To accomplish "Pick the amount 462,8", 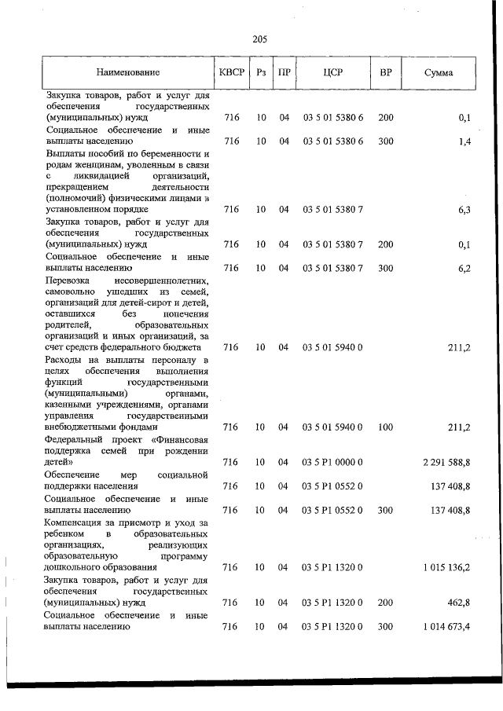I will [457, 603].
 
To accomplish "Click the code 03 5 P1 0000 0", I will [332, 463].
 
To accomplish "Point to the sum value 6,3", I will [463, 210].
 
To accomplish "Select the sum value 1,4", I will [463, 141].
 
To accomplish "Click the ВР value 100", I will [385, 427].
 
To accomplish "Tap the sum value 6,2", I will [463, 268].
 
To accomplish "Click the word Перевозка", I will [68, 280].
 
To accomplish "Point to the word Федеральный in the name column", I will [75, 438].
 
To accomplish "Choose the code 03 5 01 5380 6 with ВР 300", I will [332, 141].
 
